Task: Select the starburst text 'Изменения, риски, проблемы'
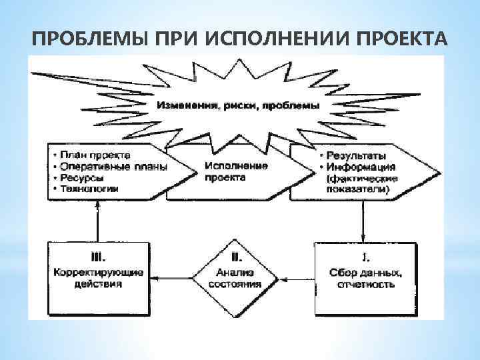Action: [x=239, y=105]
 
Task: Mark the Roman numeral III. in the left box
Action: [x=97, y=256]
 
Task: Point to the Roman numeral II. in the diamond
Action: [x=235, y=256]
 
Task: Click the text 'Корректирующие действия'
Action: [x=97, y=278]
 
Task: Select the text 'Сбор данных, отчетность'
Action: [x=364, y=278]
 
